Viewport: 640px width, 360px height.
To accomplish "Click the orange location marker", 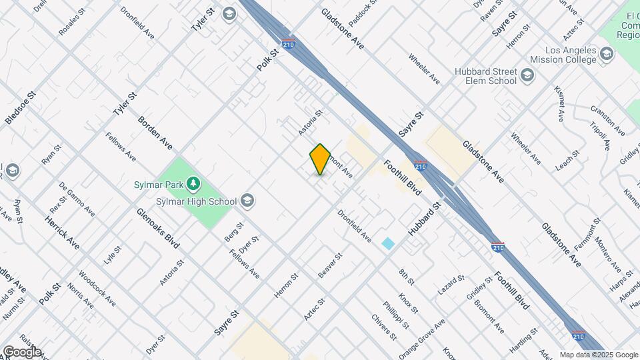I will coord(320,159).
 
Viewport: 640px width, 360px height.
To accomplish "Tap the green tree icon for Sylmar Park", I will coord(193,182).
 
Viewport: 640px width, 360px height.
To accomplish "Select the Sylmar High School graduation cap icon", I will coord(247,201).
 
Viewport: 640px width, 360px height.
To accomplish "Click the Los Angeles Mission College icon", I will coord(606,53).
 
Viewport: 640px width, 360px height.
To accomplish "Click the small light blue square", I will coord(388,243).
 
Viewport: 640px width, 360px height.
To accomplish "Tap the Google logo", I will coord(21,352).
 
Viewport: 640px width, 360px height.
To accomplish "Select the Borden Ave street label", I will coord(155,133).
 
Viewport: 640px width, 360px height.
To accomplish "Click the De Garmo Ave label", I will coord(77,198).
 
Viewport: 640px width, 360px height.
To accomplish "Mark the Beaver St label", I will coord(330,265).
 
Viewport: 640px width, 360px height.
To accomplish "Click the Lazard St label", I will coord(451,285).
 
